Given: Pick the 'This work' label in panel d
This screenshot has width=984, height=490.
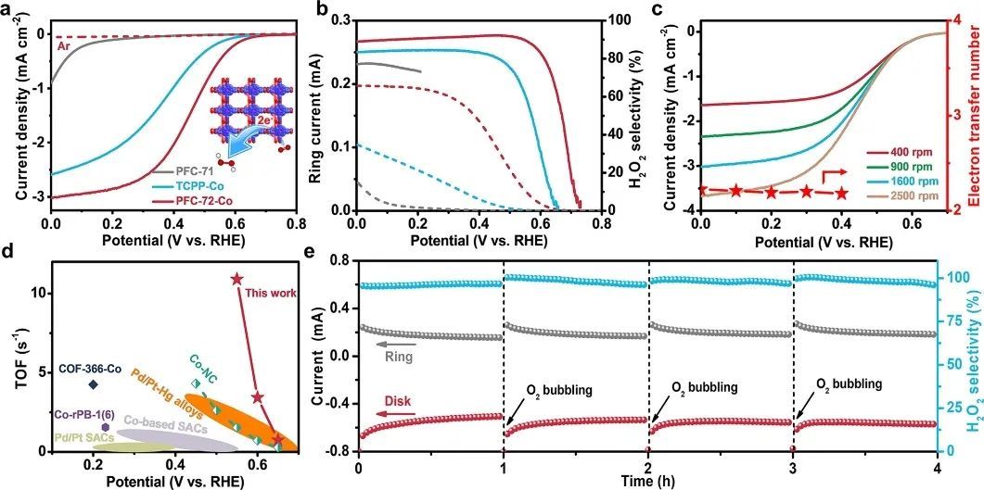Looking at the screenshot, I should click(273, 294).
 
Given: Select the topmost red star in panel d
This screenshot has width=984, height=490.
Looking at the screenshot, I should click(236, 279).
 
